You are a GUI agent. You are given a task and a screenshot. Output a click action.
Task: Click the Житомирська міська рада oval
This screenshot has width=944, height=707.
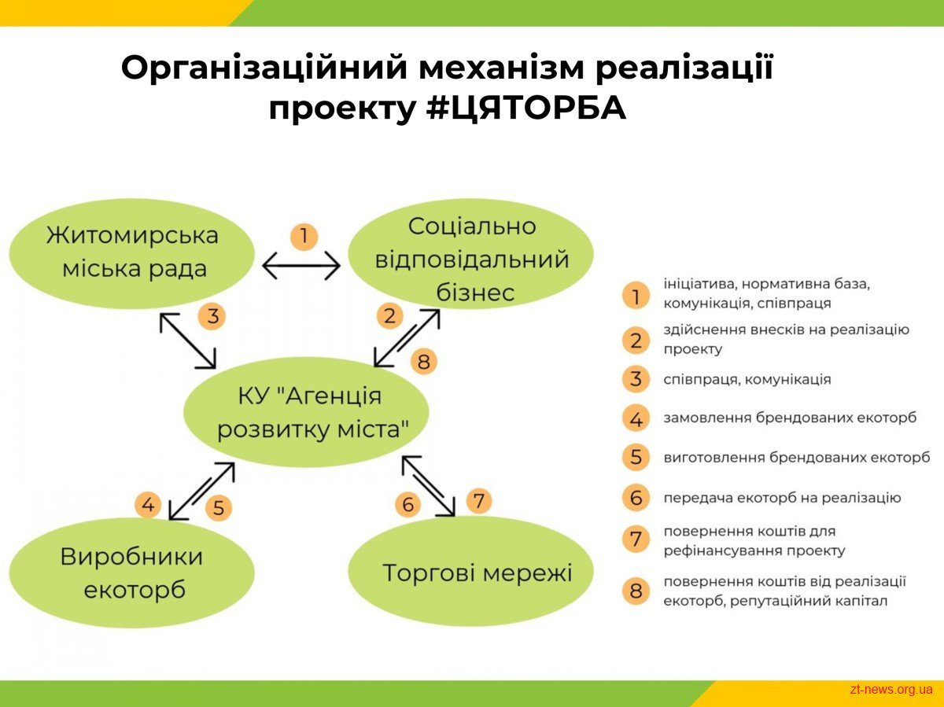click(132, 253)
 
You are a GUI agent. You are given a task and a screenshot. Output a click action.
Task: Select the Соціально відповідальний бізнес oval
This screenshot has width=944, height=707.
click(471, 253)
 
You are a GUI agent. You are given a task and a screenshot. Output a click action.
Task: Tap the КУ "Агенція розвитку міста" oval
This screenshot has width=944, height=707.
click(306, 412)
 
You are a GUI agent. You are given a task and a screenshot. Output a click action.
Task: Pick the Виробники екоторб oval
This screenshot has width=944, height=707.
click(132, 573)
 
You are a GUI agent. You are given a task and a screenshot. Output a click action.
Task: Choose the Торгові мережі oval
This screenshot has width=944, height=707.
click(471, 570)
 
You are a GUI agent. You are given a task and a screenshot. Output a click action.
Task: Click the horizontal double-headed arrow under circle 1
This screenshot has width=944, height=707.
click(301, 266)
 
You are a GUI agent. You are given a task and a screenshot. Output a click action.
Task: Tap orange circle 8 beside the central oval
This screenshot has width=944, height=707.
click(423, 361)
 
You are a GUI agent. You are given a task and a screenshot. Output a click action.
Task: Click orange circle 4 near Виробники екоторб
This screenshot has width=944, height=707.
click(148, 504)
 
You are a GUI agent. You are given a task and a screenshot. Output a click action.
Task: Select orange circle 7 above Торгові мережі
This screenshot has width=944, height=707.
click(478, 501)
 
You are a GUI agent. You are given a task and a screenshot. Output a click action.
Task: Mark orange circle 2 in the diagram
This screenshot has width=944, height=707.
click(390, 316)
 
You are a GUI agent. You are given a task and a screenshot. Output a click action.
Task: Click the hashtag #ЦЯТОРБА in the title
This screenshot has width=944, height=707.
click(526, 107)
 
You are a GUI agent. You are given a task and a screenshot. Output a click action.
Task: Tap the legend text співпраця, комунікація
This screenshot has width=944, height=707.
click(747, 380)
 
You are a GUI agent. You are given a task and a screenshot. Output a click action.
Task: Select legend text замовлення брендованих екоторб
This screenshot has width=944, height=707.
click(790, 418)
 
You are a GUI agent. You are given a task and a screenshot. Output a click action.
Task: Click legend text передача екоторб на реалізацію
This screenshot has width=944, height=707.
click(782, 498)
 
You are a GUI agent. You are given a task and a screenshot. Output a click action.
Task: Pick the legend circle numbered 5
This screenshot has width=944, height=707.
click(636, 457)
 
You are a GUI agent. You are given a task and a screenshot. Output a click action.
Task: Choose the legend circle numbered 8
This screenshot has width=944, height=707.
click(636, 591)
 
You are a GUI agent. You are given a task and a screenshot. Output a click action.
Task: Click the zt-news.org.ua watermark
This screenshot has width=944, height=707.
click(891, 690)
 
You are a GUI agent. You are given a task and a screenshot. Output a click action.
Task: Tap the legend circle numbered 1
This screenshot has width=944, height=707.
click(636, 296)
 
